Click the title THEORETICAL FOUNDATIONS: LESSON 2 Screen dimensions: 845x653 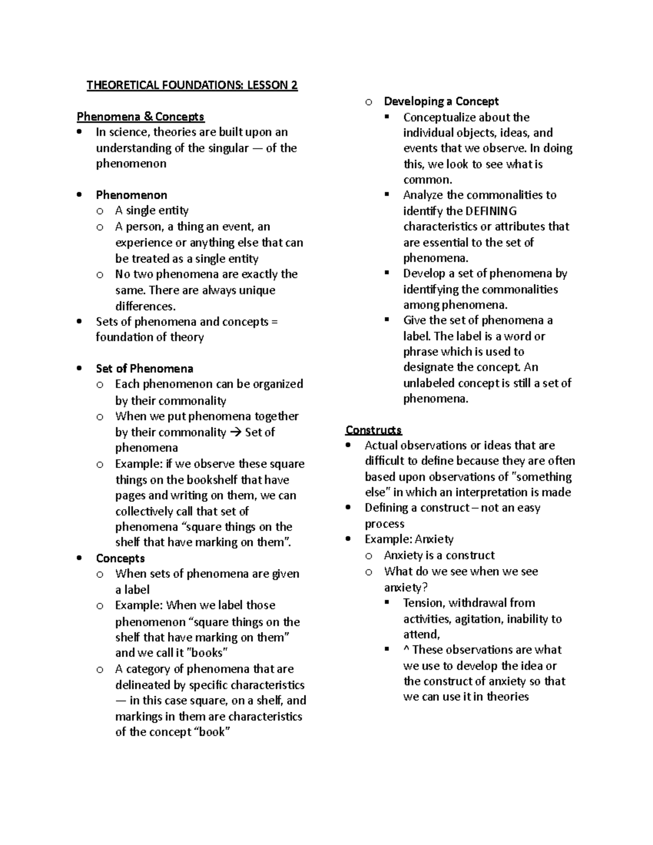point(192,85)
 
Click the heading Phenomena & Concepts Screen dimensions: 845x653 point(140,116)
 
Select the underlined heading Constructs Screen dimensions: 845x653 point(373,430)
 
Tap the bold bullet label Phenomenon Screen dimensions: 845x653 point(131,195)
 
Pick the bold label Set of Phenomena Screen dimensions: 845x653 point(144,368)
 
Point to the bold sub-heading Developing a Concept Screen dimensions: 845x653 point(441,101)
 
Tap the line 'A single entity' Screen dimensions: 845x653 point(151,211)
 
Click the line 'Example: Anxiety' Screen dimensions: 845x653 point(409,539)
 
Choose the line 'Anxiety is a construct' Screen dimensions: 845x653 point(439,556)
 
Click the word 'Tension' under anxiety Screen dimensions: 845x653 point(423,603)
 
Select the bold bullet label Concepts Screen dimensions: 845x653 point(120,558)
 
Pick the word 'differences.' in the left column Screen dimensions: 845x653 point(145,306)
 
